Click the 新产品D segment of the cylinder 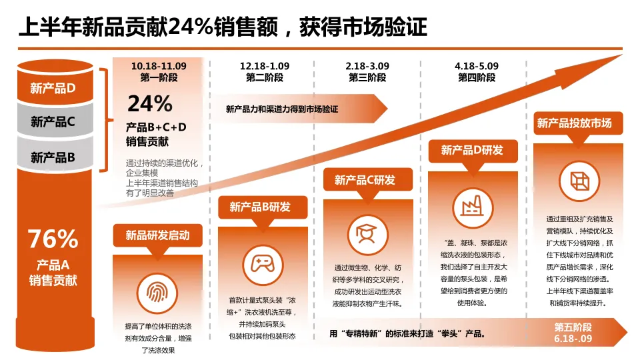53,87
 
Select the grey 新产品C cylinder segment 53,122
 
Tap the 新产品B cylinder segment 53,157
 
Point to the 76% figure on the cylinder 53,238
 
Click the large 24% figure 150,103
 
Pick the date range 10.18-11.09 159,66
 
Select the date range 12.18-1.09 265,66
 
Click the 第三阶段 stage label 367,77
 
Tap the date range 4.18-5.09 477,66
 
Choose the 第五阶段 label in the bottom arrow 573,327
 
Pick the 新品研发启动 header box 157,235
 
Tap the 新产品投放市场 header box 574,123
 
